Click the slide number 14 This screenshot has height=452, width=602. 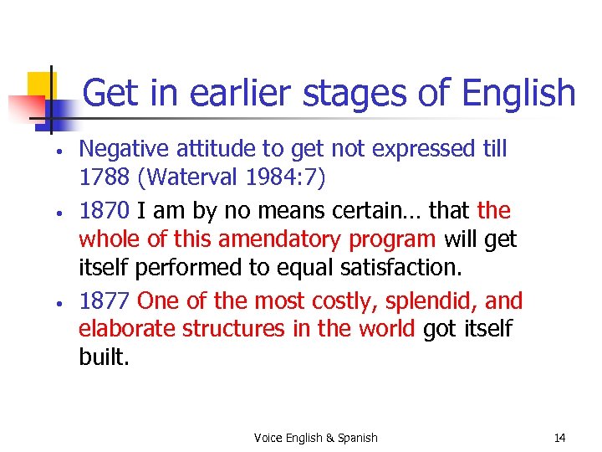tap(559, 438)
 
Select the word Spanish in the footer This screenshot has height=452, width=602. tap(357, 438)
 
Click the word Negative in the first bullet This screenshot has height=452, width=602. tap(119, 149)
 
